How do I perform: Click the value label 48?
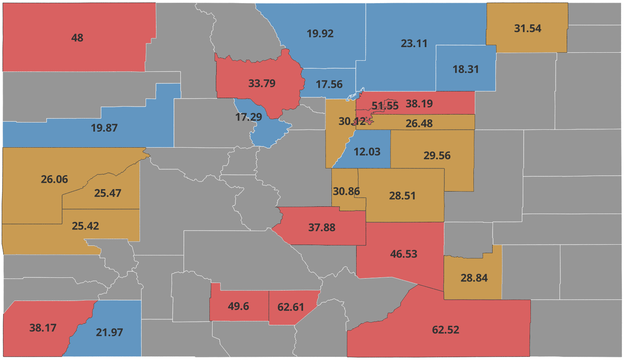point(77,38)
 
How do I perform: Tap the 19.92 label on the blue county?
point(320,34)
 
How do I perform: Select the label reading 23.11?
point(414,44)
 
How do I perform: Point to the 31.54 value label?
point(527,28)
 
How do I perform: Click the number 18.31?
point(465,69)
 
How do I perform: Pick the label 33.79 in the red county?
point(262,83)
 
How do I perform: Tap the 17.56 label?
point(329,84)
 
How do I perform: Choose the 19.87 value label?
point(104,128)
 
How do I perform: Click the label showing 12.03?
point(367,152)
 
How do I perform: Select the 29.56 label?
point(437,156)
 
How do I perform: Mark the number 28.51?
point(402,196)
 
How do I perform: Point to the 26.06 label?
point(54,179)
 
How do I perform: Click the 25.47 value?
point(108,193)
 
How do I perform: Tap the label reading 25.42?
point(85,226)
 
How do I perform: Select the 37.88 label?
point(321,227)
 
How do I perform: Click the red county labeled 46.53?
point(403,254)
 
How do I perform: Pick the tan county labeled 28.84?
point(474,278)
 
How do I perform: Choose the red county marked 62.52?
point(446,330)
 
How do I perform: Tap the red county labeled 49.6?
point(238,306)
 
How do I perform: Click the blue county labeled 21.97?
point(109,332)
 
